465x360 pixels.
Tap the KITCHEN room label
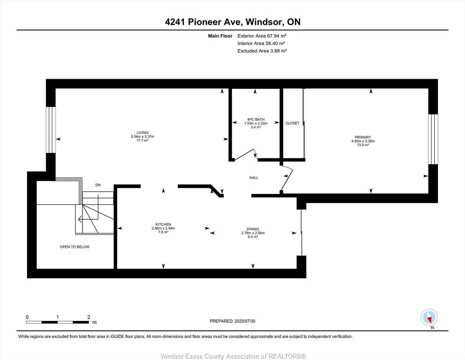163,225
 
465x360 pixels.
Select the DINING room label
253,229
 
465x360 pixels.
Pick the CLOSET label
292,123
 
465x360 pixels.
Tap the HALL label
254,178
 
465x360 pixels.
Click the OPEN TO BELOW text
74,247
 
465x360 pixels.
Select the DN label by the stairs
98,185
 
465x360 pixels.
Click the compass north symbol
429,318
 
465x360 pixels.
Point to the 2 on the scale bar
89,317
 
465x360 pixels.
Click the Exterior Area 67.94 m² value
262,36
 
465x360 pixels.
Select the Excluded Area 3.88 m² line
262,51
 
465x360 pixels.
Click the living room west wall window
51,130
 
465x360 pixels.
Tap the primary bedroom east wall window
433,139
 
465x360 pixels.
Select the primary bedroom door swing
287,179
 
